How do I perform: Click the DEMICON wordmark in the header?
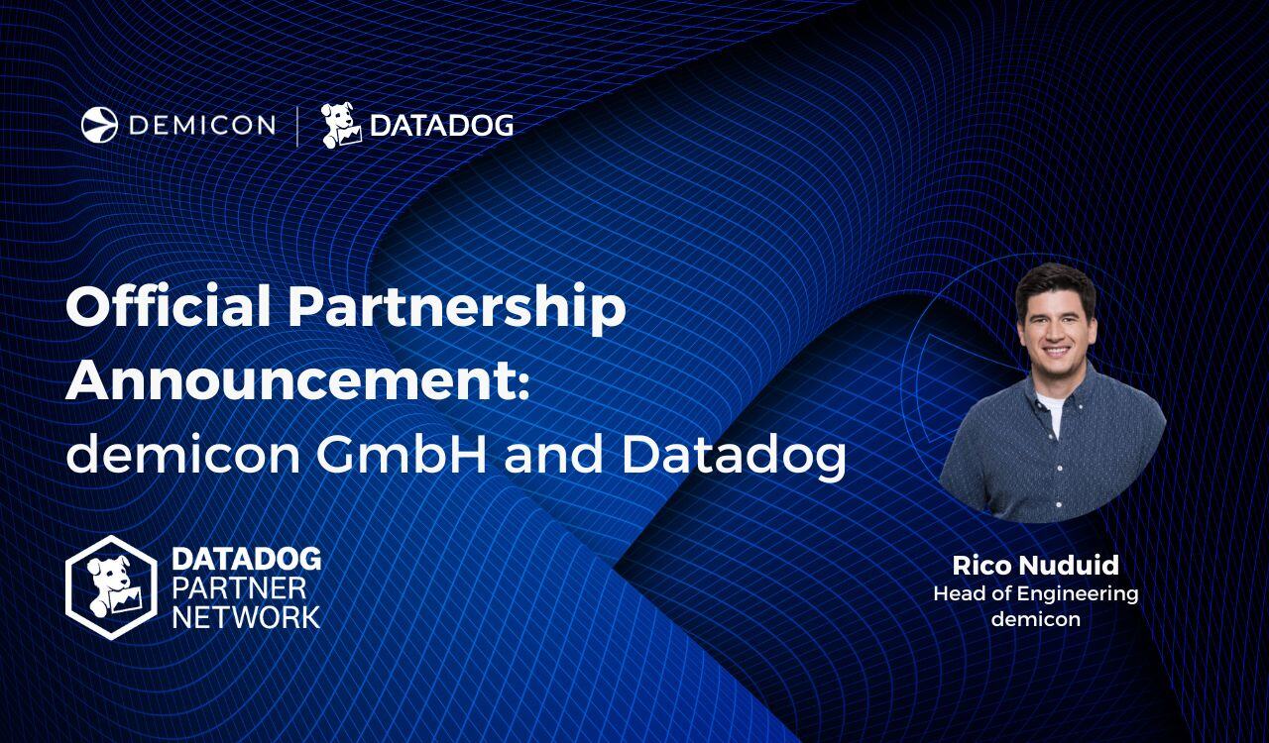pos(202,125)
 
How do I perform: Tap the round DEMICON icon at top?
pos(99,125)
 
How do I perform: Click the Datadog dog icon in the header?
pos(341,125)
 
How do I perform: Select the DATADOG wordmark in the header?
pos(441,126)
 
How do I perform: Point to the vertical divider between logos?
pos(297,126)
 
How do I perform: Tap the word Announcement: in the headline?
pos(297,380)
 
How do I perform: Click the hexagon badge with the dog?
pos(111,587)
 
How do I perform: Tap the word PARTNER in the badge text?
pos(239,587)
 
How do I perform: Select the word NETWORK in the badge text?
pos(246,616)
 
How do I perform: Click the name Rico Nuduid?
pos(1035,565)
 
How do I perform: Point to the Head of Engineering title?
pos(1035,593)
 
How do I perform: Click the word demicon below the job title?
pos(1035,619)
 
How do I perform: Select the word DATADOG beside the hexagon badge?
pos(246,559)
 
